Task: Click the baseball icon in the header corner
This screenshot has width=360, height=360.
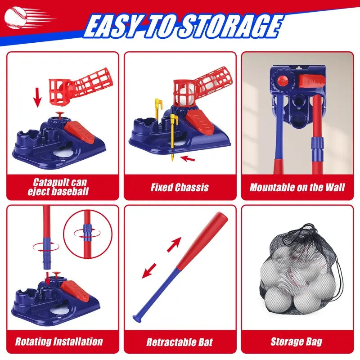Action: pos(16,17)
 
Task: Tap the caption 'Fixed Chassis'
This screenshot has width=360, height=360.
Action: pos(180,187)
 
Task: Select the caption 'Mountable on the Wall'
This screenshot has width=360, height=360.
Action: pos(297,187)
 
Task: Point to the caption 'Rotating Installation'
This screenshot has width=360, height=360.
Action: pos(59,341)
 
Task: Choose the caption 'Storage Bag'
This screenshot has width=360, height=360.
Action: pos(297,341)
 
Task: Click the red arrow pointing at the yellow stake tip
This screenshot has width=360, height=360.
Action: pos(188,158)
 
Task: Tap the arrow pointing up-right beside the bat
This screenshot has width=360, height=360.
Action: pos(175,243)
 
